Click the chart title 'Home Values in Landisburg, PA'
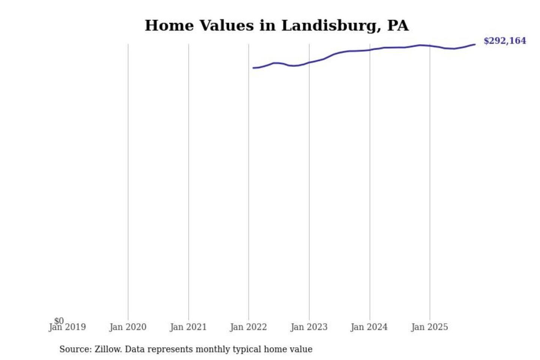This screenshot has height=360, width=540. [x=276, y=25]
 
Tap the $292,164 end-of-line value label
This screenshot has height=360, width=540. [x=505, y=41]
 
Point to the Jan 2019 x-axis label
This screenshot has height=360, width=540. [x=67, y=327]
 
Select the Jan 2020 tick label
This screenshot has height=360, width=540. [x=128, y=327]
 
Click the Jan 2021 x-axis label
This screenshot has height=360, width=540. [x=188, y=327]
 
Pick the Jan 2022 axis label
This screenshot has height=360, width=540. [x=248, y=327]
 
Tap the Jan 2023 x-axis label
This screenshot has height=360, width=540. [x=309, y=327]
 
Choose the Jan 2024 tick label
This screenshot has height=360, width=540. [x=369, y=327]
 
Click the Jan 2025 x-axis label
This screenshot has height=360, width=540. [x=430, y=327]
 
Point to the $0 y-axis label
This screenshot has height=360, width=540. [x=59, y=321]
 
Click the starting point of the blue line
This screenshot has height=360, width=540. [x=253, y=68]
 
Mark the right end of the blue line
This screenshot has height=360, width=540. [x=475, y=45]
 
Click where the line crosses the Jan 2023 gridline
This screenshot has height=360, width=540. [x=309, y=62]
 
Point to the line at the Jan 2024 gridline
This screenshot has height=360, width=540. [x=370, y=50]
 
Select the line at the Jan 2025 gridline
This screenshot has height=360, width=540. [x=430, y=46]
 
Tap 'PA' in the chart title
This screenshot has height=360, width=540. [x=398, y=25]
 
